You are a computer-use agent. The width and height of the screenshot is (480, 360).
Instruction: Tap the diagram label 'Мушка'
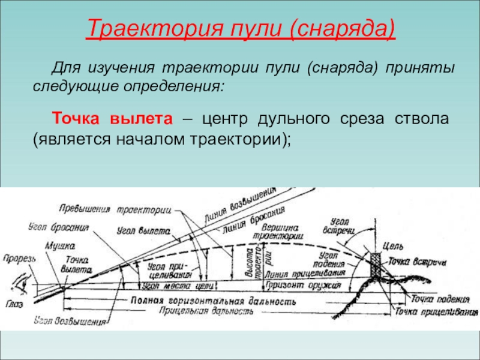coord(59,245)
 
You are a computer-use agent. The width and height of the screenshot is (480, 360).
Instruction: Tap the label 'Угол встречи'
coord(342,225)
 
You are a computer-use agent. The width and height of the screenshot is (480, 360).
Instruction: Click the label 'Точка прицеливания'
coord(437,312)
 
